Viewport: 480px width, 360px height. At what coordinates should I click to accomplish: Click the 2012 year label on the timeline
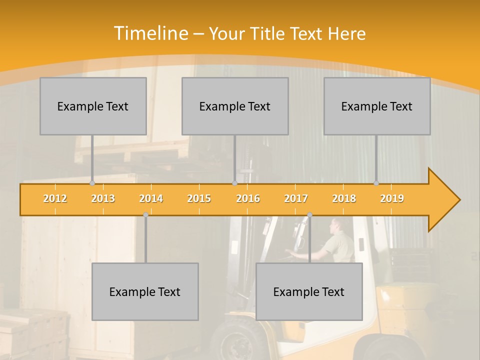[55, 198]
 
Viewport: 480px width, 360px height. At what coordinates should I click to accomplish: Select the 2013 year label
[103, 198]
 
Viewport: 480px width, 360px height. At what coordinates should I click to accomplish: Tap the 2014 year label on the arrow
[151, 198]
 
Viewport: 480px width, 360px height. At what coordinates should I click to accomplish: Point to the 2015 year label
[199, 198]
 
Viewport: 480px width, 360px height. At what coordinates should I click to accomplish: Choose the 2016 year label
[248, 198]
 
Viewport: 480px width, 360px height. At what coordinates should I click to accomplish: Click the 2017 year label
[296, 198]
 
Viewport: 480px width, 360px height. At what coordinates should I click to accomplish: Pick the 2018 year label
[344, 198]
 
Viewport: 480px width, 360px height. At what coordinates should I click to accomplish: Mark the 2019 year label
[392, 198]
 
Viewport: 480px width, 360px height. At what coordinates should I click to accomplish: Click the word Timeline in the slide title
[150, 33]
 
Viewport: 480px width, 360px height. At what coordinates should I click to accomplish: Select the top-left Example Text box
[93, 106]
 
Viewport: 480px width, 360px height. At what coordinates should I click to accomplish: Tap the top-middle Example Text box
[235, 106]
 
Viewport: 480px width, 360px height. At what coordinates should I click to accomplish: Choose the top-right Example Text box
[377, 106]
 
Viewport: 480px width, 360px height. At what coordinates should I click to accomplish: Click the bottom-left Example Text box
[145, 291]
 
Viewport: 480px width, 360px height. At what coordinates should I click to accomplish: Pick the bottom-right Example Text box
[309, 291]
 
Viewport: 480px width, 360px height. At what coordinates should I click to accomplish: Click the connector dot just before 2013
[92, 183]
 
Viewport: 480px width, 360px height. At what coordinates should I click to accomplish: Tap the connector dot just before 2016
[234, 183]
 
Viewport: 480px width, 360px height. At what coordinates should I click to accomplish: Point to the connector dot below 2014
[145, 214]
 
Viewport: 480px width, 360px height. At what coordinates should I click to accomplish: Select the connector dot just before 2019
[376, 183]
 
